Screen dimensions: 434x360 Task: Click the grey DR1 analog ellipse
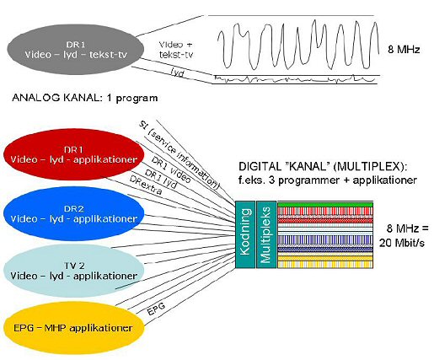tap(76, 50)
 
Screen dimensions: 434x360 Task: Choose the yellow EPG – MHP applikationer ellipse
tap(73, 328)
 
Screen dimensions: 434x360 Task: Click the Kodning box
tap(245, 234)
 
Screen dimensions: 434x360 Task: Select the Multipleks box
tap(266, 234)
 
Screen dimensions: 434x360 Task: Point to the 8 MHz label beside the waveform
tap(404, 50)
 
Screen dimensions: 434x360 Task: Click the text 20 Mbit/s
tap(402, 243)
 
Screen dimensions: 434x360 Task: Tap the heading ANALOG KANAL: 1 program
tap(84, 98)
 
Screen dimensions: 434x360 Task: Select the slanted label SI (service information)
tap(179, 155)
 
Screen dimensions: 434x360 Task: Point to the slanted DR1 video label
tap(171, 170)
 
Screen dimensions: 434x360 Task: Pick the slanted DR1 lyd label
tap(161, 179)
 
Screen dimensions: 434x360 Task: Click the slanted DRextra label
tap(146, 185)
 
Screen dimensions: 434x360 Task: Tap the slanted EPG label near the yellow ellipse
tap(156, 309)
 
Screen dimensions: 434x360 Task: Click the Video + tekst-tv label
tap(176, 50)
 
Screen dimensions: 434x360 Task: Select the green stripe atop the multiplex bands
tap(325, 204)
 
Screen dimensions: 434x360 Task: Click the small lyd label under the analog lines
tap(178, 73)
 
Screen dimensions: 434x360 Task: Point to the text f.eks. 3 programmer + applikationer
tap(328, 180)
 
